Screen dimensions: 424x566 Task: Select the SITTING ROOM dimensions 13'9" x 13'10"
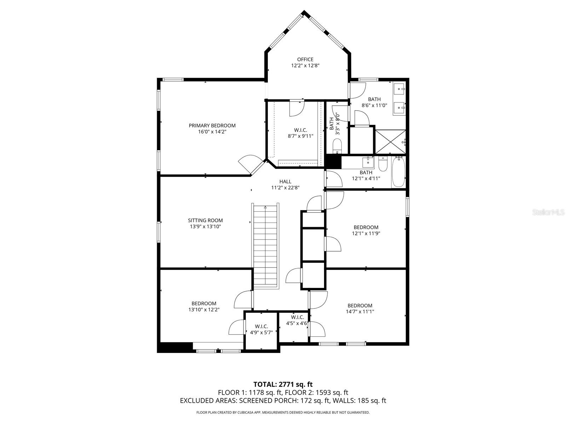[205, 226]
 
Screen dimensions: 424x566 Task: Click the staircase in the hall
[265, 246]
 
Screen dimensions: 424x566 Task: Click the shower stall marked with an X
[390, 142]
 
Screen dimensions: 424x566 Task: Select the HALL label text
[285, 182]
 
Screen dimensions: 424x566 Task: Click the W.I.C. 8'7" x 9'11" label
[300, 133]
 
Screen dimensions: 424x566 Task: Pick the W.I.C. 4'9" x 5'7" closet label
[261, 329]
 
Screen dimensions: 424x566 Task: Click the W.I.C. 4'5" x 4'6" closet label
[297, 320]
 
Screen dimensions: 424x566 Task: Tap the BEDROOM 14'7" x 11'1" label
[360, 308]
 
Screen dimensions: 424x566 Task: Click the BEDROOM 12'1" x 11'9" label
[366, 230]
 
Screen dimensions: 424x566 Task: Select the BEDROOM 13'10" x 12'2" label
[204, 306]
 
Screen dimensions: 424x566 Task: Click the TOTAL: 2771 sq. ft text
[283, 384]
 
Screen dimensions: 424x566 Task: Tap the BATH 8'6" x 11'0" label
[374, 102]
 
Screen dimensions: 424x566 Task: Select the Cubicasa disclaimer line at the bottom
[283, 412]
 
